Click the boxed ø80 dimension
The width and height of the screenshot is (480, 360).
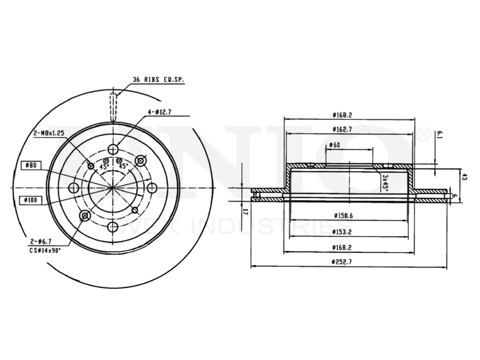click(31, 166)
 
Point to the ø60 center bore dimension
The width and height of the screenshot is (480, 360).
click(334, 145)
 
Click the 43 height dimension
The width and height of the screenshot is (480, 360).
click(464, 177)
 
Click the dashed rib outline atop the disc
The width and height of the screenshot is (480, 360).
click(113, 107)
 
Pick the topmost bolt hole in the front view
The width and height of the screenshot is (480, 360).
click(113, 148)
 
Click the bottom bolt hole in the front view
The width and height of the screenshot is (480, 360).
click(113, 227)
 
